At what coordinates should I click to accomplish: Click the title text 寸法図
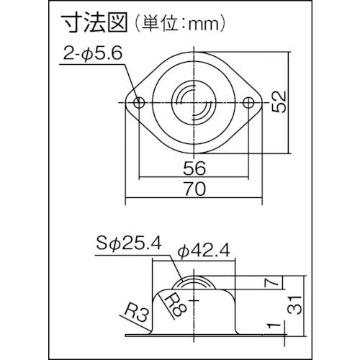tap(94, 23)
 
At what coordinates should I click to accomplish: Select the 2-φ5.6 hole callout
tap(93, 53)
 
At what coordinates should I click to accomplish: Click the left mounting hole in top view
tap(140, 103)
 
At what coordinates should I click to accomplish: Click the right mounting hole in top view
tap(248, 103)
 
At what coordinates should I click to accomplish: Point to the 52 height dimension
tap(279, 101)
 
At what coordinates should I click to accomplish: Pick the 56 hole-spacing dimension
tap(194, 168)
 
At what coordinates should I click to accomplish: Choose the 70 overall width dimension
tap(194, 189)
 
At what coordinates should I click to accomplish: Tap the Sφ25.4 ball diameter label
tap(128, 243)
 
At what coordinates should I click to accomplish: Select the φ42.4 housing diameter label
tap(204, 250)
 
